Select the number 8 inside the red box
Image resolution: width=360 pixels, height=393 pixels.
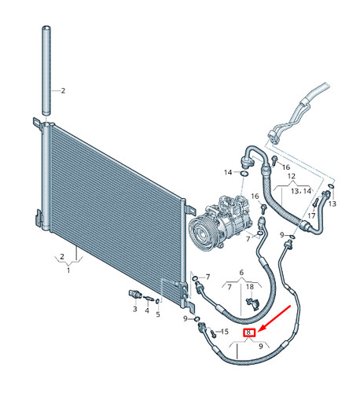click(248, 332)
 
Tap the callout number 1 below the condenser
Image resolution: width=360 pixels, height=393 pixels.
click(68, 270)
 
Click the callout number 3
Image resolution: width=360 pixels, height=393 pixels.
click(134, 309)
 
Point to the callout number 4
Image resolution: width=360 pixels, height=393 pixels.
click(147, 310)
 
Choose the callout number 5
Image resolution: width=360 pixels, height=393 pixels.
click(158, 314)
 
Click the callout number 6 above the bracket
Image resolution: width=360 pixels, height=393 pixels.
click(241, 273)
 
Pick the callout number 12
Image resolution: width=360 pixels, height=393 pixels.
click(292, 176)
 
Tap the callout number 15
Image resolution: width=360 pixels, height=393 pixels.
click(225, 332)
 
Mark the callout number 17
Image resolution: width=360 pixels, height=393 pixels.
click(311, 216)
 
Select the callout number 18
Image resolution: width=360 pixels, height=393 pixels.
click(250, 287)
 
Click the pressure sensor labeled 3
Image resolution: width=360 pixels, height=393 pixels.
click(135, 295)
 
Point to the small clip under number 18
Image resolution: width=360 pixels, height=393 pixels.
click(253, 303)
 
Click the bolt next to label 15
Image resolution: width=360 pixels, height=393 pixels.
click(212, 332)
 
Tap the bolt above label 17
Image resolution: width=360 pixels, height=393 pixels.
click(315, 202)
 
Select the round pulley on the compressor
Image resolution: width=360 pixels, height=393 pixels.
click(202, 231)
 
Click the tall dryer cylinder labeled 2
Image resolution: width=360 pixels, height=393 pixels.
click(46, 70)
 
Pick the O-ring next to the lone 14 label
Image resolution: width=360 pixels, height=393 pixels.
click(244, 173)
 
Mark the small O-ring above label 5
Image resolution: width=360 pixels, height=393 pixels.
click(157, 301)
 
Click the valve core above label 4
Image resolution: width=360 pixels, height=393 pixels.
click(148, 298)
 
